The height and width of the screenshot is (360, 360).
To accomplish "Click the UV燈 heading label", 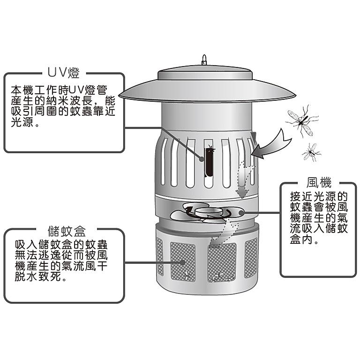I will [64, 73].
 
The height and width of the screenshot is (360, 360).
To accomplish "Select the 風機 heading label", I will [314, 183].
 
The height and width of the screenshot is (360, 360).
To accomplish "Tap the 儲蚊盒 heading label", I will [66, 231].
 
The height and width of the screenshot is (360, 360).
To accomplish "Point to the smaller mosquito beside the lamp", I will [311, 152].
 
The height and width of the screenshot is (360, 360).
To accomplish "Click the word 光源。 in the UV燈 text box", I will [25, 124].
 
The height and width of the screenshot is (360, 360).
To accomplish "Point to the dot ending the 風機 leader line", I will [241, 213].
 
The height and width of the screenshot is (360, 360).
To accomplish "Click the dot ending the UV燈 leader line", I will [202, 158].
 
